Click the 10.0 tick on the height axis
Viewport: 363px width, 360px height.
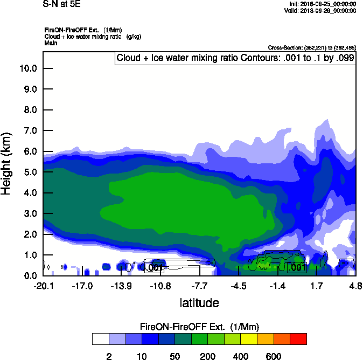pyautogui.click(x=27, y=68)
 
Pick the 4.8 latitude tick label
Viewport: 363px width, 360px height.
pyautogui.click(x=355, y=285)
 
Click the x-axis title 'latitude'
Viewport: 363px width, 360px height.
pyautogui.click(x=199, y=302)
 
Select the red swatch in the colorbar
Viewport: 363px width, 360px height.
pyautogui.click(x=298, y=338)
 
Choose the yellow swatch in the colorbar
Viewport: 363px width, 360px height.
pyautogui.click(x=249, y=338)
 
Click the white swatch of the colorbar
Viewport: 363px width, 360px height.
pyautogui.click(x=100, y=338)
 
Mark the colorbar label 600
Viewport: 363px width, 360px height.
pyautogui.click(x=274, y=356)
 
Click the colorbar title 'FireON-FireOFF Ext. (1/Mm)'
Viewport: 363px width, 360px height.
pyautogui.click(x=199, y=327)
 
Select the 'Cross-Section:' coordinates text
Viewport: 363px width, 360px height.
pyautogui.click(x=311, y=48)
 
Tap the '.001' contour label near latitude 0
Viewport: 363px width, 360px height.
pyautogui.click(x=298, y=267)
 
